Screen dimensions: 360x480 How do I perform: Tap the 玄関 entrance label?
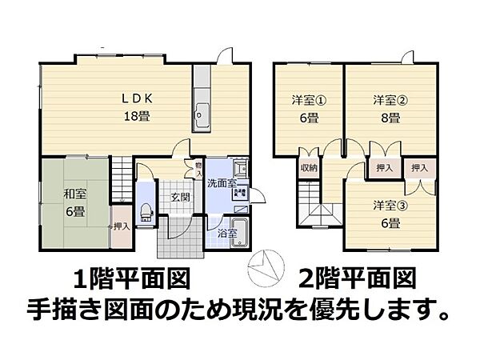[178, 198]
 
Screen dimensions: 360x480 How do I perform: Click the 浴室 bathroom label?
[227, 234]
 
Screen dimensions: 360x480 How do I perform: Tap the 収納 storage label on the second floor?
[309, 168]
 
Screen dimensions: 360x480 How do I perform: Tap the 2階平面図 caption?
[358, 279]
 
